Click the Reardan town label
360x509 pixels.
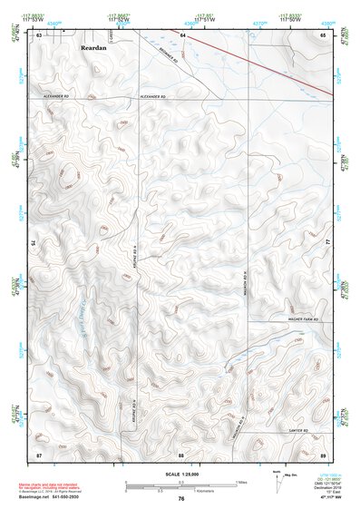[x=93, y=45]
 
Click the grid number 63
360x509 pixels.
[x=40, y=34]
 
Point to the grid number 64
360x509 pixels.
[x=181, y=34]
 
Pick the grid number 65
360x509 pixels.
[x=322, y=34]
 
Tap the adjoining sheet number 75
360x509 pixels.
[x=34, y=243]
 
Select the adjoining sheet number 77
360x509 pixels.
[x=328, y=243]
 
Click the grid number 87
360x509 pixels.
[x=40, y=453]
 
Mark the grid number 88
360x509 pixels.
[x=181, y=453]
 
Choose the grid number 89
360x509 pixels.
[x=322, y=453]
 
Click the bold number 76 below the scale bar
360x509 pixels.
[x=181, y=498]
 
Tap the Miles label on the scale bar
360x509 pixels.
[x=241, y=481]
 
